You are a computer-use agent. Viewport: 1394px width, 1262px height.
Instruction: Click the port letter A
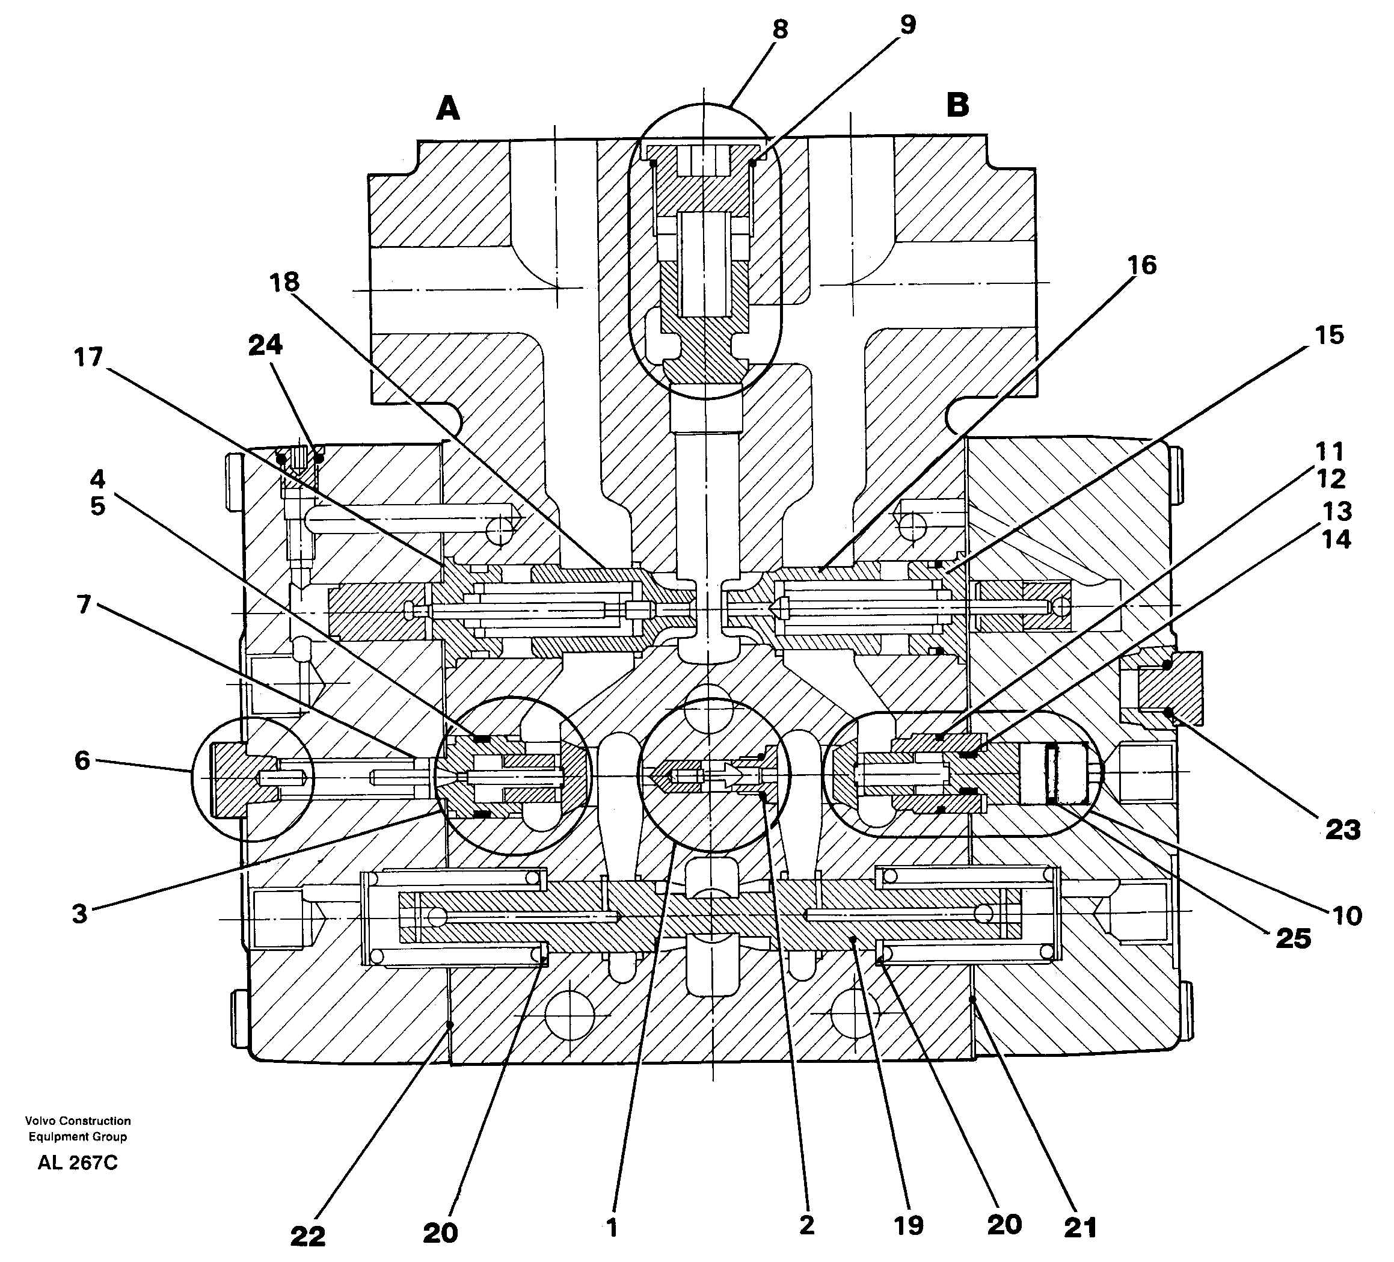(x=447, y=108)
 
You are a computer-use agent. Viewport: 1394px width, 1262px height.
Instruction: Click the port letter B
(x=957, y=105)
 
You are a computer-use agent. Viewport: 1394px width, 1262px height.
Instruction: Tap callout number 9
(x=907, y=25)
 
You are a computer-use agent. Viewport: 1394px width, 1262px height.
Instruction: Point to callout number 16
(x=1141, y=265)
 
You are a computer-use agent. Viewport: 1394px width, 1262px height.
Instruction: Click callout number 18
(x=284, y=282)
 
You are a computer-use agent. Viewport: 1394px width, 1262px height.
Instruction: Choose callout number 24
(x=266, y=344)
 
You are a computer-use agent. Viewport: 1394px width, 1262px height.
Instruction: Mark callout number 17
(x=88, y=357)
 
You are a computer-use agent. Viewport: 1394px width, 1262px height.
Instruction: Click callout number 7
(x=83, y=605)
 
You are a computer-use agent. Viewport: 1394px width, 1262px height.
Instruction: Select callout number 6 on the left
(x=82, y=761)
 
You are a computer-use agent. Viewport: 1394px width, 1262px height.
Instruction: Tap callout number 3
(x=79, y=914)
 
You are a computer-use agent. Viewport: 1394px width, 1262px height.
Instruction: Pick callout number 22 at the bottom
(x=307, y=1236)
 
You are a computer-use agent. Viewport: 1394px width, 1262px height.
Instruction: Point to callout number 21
(x=1080, y=1228)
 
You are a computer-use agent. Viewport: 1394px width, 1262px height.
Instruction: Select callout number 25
(x=1293, y=938)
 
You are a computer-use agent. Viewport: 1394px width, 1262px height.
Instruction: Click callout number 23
(x=1342, y=829)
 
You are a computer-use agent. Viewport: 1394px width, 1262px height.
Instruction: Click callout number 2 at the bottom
(x=806, y=1225)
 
